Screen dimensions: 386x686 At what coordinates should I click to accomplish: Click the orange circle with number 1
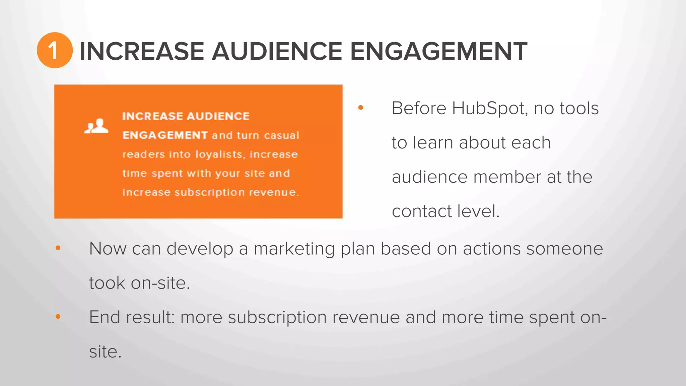coord(55,51)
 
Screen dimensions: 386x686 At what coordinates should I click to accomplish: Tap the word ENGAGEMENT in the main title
coord(438,51)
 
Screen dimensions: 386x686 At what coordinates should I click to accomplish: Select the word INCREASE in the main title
coord(142,51)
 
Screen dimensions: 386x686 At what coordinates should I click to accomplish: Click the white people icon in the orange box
coord(96,126)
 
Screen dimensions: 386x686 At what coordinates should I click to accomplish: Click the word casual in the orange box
coord(281,135)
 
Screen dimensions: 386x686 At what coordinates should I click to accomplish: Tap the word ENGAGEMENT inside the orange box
coord(165,135)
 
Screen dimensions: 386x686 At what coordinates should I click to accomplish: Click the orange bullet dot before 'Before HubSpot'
coord(361,108)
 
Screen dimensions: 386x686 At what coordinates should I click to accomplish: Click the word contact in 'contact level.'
coord(422,211)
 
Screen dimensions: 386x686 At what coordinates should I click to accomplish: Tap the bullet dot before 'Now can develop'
coord(58,248)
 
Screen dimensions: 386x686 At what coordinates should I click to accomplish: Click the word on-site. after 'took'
coord(160,283)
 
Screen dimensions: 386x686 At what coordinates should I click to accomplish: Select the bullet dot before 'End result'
coord(58,316)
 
